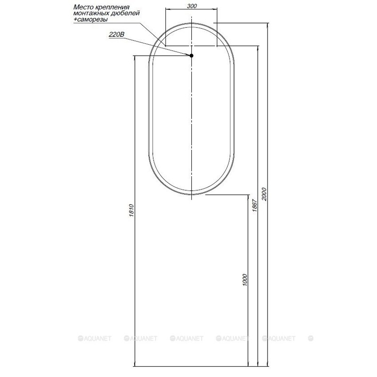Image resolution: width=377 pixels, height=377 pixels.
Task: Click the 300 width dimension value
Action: tap(191, 6)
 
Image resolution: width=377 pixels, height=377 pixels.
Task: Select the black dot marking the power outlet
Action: tap(191, 56)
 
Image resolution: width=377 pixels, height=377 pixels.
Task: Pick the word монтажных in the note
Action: tap(89, 14)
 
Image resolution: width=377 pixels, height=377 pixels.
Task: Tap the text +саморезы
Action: tap(91, 20)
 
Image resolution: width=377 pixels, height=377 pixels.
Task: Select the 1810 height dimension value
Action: tap(131, 211)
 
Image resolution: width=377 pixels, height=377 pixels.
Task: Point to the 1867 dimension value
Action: tap(254, 206)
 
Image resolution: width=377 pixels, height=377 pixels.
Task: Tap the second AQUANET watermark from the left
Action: tap(140, 338)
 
